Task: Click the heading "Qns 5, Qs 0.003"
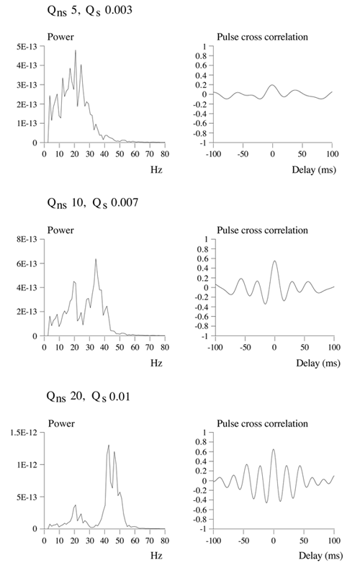point(89,10)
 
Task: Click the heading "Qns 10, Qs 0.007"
point(93,203)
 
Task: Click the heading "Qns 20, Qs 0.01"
point(89,397)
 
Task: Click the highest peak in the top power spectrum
point(76,50)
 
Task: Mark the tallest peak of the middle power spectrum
point(96,259)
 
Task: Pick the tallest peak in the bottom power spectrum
point(109,445)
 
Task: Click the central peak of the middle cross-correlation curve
point(274,261)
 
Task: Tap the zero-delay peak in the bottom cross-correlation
point(274,449)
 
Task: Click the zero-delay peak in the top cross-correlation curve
point(272,85)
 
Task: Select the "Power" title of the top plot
point(60,37)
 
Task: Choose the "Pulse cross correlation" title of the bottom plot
point(262,423)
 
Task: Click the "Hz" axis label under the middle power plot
point(156,363)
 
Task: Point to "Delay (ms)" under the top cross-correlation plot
point(314,170)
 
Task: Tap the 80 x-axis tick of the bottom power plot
point(165,541)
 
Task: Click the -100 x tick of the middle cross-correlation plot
point(215,347)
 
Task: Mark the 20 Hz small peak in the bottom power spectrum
point(76,505)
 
